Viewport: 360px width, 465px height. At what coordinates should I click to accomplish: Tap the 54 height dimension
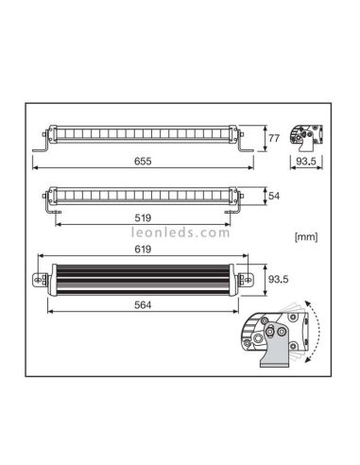(x=275, y=197)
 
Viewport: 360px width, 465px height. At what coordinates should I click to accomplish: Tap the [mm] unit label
(x=307, y=233)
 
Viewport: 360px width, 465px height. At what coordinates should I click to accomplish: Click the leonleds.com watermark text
(x=180, y=231)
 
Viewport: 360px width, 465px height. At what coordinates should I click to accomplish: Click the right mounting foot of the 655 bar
(x=249, y=151)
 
